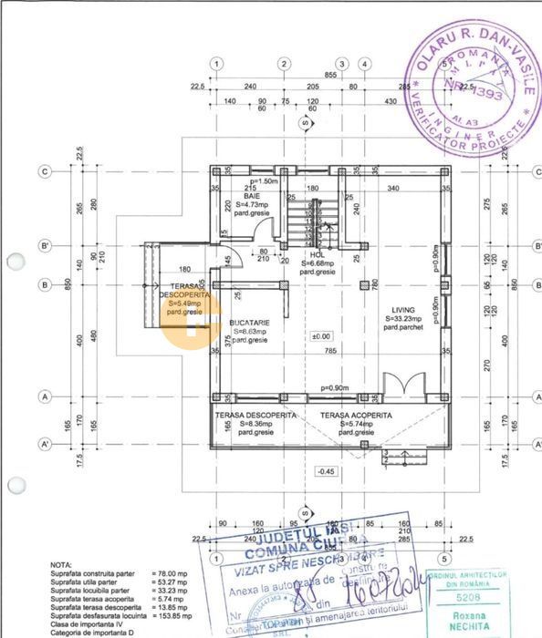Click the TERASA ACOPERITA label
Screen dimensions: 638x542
point(356,415)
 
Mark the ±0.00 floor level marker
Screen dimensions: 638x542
point(320,336)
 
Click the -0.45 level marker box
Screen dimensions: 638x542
point(325,470)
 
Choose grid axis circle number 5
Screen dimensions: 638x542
point(443,558)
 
